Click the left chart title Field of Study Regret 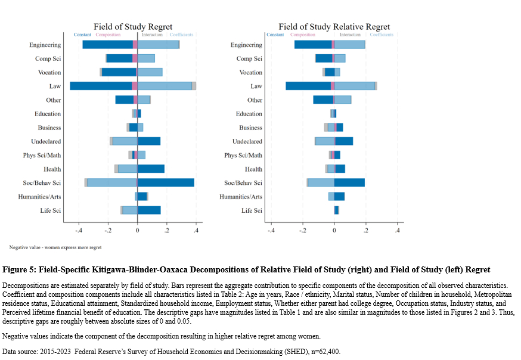(133, 27)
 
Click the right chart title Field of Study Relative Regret (334, 27)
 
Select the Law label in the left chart (55, 86)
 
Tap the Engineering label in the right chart (246, 45)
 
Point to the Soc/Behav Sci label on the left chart (45, 183)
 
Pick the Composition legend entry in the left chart (108, 35)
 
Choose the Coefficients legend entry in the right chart (382, 35)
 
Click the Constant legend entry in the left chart (82, 35)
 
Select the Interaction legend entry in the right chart (350, 35)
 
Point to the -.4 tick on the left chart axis (79, 231)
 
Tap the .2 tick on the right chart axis (365, 231)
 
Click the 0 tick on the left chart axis (137, 231)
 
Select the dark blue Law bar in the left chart (101, 86)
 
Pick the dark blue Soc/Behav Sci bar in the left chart (166, 182)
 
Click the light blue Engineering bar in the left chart (158, 45)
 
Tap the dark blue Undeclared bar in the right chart (344, 141)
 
